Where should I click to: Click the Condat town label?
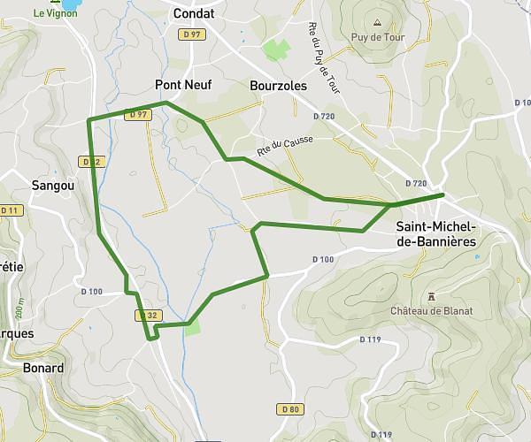click(x=194, y=13)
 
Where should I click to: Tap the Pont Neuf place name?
click(x=183, y=86)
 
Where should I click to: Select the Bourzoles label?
click(x=278, y=86)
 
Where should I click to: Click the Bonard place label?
click(x=43, y=368)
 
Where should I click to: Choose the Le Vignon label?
click(x=56, y=13)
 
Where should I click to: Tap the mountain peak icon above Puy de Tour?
click(x=378, y=23)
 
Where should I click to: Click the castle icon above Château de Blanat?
click(x=431, y=295)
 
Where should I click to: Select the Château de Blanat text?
click(x=432, y=310)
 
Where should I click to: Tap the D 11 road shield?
click(x=11, y=210)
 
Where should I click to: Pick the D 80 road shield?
click(x=289, y=408)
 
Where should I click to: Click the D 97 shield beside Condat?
click(x=190, y=34)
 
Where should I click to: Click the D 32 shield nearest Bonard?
click(x=147, y=315)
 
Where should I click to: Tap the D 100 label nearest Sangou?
click(x=90, y=292)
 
